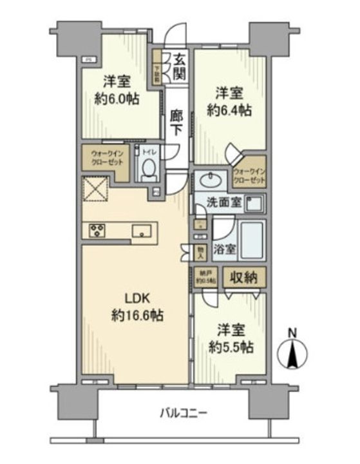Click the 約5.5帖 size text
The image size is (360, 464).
231,345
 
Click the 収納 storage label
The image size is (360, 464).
243,279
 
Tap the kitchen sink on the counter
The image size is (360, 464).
142,230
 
